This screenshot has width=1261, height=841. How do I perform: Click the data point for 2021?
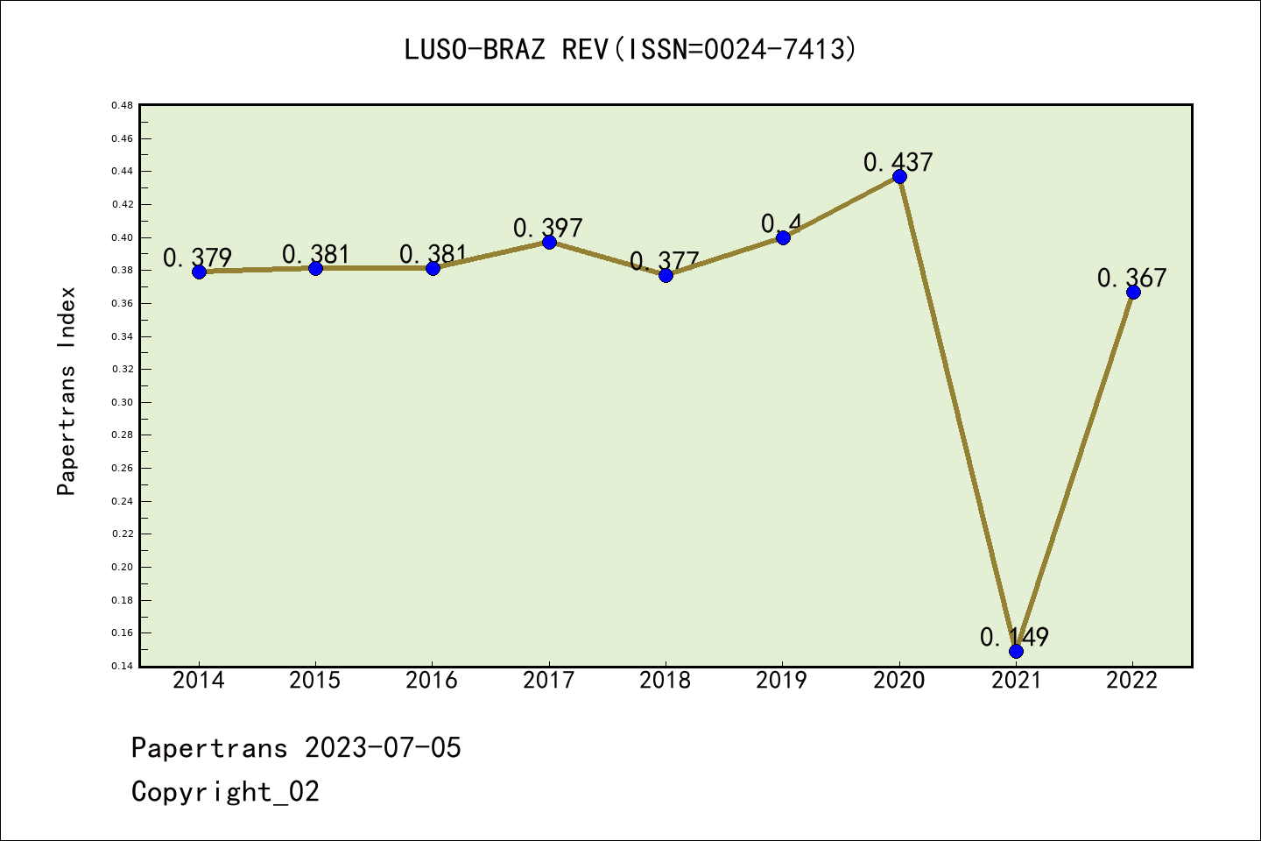[x=1016, y=651]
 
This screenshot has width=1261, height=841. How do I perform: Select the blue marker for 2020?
[x=899, y=177]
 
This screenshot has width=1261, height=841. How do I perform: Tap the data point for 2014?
[x=199, y=272]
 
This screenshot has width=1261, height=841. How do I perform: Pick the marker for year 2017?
[x=549, y=242]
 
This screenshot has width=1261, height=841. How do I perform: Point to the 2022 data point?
[x=1133, y=292]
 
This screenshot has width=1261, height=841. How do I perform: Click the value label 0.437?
[x=898, y=162]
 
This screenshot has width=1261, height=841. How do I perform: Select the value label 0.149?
[x=1014, y=637]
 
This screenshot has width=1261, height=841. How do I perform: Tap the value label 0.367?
[x=1131, y=278]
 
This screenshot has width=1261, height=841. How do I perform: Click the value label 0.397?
[x=548, y=228]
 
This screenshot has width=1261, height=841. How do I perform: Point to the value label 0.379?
[x=198, y=258]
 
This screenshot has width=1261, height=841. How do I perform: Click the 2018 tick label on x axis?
[x=666, y=681]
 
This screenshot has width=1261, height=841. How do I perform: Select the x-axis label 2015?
[x=315, y=681]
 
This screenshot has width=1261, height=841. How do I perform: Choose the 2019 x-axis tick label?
[x=782, y=681]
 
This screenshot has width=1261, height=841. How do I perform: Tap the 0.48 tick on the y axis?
[x=122, y=105]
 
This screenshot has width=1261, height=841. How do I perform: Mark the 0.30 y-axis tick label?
[x=122, y=402]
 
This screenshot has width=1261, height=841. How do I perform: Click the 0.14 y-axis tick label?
[x=122, y=666]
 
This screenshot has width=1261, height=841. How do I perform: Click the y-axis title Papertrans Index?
[x=67, y=391]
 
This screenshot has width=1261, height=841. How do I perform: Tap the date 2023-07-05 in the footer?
[x=383, y=747]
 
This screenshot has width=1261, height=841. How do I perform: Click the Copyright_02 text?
[x=225, y=791]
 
